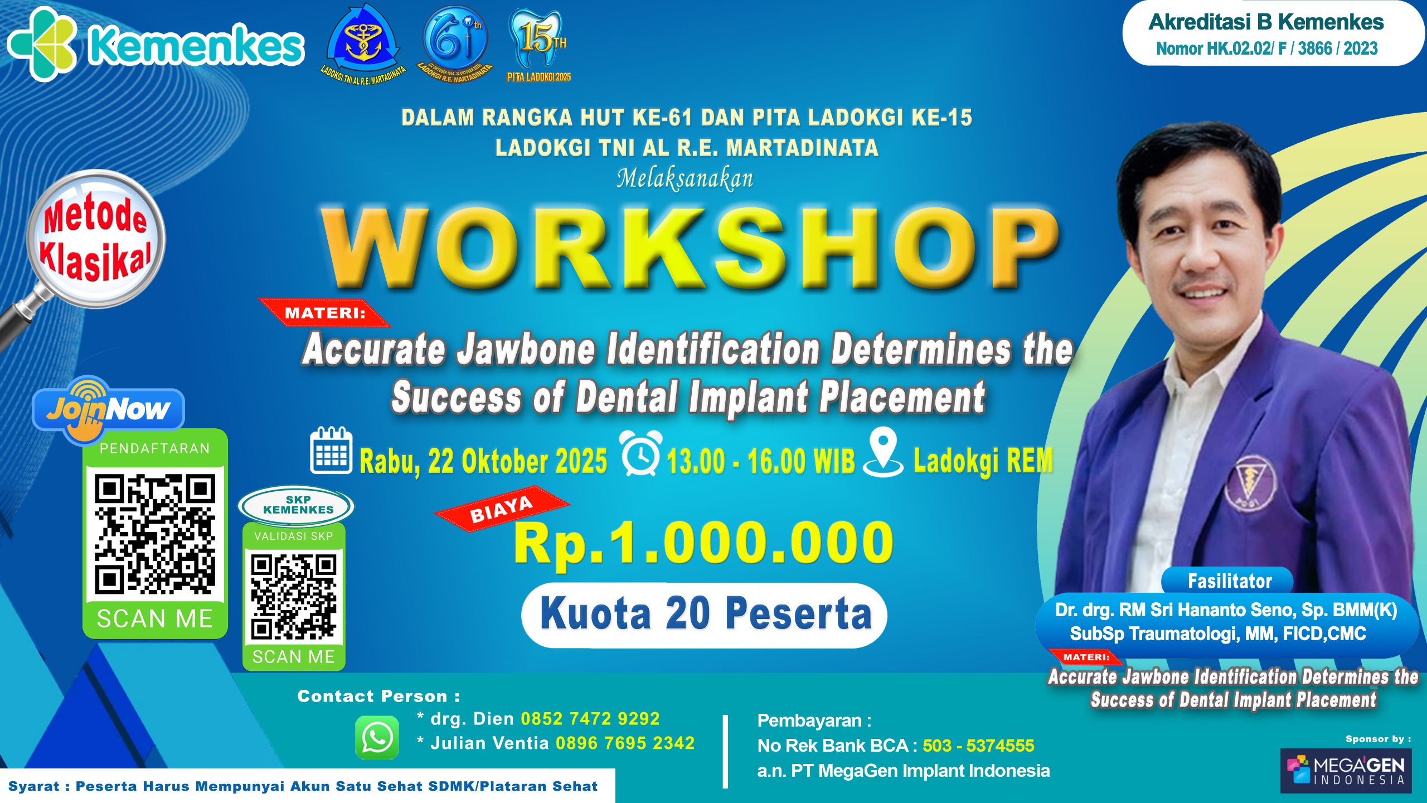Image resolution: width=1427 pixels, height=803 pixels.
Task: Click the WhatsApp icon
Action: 377,737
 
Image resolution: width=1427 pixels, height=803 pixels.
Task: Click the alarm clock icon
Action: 641,453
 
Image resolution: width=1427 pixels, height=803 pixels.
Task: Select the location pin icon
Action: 883,452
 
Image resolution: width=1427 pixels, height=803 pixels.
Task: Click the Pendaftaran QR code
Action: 154,534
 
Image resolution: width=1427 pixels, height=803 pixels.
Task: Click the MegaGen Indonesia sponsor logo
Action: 1346,770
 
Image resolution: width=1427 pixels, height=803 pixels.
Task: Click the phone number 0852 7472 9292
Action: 590,719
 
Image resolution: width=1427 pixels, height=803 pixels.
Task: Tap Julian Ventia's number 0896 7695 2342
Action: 625,743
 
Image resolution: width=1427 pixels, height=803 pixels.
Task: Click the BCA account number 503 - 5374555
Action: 978,746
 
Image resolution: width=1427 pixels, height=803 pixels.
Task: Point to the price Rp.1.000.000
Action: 703,543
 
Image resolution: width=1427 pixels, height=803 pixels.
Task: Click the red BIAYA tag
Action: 502,510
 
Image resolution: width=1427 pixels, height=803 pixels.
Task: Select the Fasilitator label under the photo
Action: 1229,581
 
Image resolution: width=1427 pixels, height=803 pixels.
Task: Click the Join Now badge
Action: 109,410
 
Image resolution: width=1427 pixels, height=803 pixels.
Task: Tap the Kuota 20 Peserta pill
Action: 705,614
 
